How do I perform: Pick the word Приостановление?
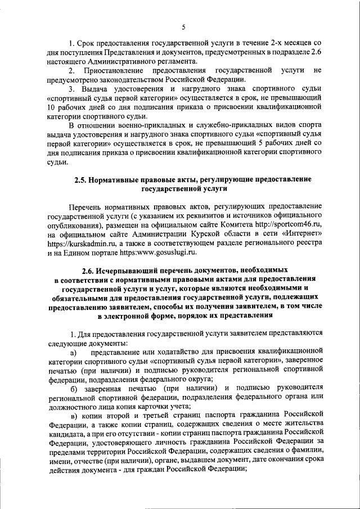point(115,70)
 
